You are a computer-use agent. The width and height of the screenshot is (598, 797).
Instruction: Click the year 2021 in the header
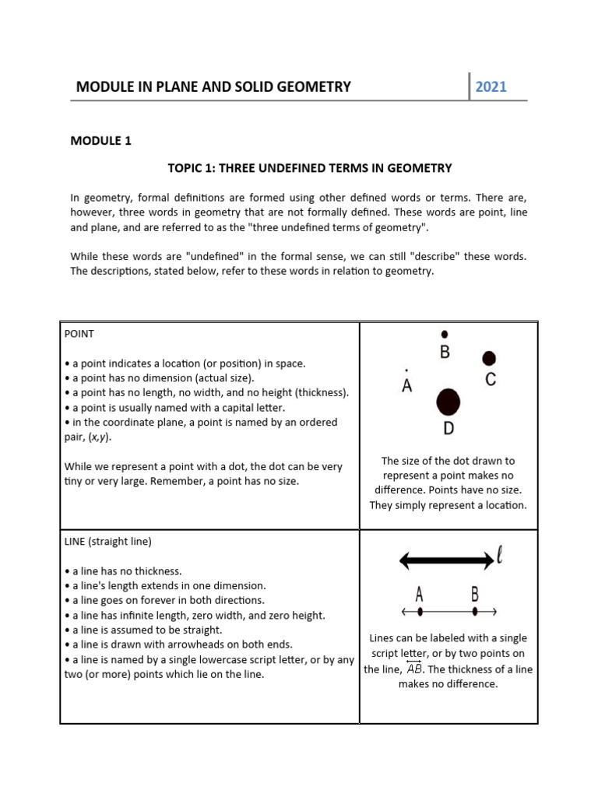(x=491, y=86)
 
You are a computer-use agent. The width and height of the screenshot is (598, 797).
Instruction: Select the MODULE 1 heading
(x=101, y=141)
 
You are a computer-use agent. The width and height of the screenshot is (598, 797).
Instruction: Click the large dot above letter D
(x=448, y=402)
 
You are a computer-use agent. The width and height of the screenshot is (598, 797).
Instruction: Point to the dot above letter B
(x=445, y=333)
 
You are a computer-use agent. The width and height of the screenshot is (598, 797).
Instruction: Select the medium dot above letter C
(x=489, y=358)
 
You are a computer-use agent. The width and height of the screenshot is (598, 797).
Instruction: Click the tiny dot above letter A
(x=406, y=370)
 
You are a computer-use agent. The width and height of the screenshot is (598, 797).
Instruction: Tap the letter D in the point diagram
(x=448, y=428)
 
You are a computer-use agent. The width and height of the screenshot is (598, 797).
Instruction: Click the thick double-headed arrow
(x=446, y=560)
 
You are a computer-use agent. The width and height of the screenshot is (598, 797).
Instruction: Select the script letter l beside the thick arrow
(x=500, y=556)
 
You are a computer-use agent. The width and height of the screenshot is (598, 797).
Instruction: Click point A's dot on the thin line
(x=420, y=612)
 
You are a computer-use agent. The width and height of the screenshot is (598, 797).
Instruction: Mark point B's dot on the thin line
(x=475, y=612)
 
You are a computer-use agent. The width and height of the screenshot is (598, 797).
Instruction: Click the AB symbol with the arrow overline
(x=413, y=669)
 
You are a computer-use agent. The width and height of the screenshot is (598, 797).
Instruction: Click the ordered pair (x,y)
(x=98, y=437)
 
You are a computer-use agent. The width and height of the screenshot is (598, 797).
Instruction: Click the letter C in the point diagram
(x=491, y=380)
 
